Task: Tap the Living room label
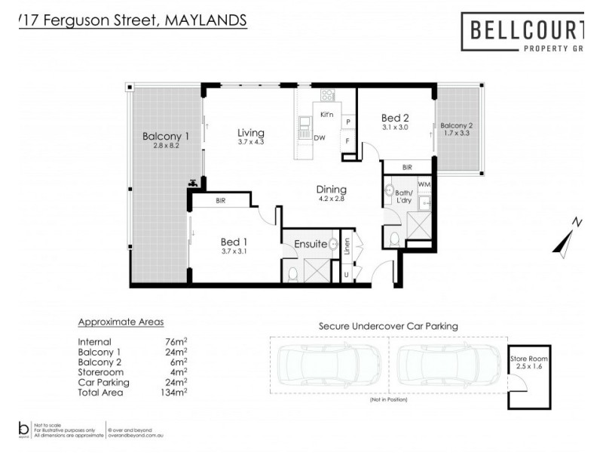(251, 132)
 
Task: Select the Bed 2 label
(394, 118)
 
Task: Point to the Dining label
(331, 190)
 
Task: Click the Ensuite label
(310, 244)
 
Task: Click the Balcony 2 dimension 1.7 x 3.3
(457, 133)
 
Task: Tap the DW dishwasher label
(320, 138)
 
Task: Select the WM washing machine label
(424, 183)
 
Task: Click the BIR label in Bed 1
(222, 202)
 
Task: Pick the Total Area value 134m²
(174, 393)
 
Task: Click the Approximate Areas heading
(121, 322)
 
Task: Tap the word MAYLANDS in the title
(204, 21)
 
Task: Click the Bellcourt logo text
(526, 30)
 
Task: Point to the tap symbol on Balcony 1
(194, 182)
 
